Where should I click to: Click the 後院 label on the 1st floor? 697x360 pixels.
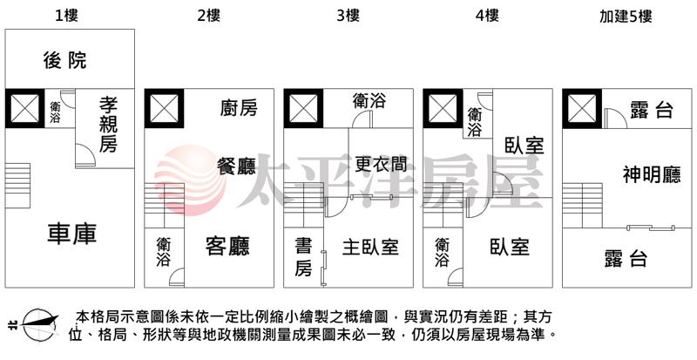point(65,60)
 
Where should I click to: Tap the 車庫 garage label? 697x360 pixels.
point(72,234)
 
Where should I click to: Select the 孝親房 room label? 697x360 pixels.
point(108,125)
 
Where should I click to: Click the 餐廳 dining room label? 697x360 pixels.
point(236,165)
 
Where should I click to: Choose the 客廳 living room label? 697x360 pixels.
point(227,247)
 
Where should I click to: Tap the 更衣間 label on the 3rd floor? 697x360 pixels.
point(381,164)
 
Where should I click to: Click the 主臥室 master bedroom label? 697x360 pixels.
point(370,247)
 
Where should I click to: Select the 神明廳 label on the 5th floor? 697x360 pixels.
point(651,175)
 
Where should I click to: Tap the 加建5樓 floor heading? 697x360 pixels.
point(626,15)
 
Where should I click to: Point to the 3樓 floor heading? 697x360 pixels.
point(347,15)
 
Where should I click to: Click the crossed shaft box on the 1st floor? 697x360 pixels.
point(24,108)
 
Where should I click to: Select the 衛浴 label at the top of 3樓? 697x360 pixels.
point(369,101)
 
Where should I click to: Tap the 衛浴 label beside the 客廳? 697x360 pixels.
point(163,252)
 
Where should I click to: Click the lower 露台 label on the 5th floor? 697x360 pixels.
point(626,258)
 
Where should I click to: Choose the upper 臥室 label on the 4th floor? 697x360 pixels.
point(523,146)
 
